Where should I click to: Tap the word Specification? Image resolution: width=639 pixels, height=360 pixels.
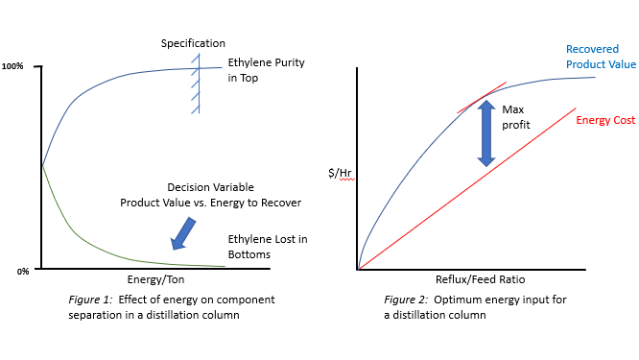point(193,43)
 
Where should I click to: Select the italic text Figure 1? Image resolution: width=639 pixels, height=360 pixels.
point(88,300)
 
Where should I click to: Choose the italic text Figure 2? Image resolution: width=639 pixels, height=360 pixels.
point(404,300)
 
